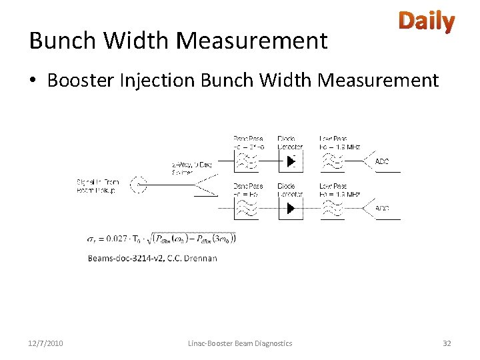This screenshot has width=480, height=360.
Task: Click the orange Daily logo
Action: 427,22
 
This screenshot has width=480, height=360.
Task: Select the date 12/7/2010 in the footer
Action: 46,343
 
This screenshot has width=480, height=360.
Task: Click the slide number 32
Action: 447,343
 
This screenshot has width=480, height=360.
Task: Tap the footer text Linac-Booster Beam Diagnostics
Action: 239,343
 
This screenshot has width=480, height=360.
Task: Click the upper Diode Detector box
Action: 290,161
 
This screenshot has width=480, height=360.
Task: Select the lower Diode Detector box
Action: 290,208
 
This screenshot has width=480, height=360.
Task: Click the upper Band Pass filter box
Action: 248,161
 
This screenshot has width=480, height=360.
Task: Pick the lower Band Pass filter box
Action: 248,208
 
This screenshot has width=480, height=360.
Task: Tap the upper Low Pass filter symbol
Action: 333,161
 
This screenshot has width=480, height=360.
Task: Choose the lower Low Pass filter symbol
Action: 333,208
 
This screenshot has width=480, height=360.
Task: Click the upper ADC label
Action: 382,161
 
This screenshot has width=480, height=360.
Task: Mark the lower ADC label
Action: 382,209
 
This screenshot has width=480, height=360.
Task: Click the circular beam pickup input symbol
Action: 138,185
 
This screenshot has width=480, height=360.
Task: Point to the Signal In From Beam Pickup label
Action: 97,186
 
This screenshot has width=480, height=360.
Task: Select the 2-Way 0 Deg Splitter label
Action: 192,168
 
